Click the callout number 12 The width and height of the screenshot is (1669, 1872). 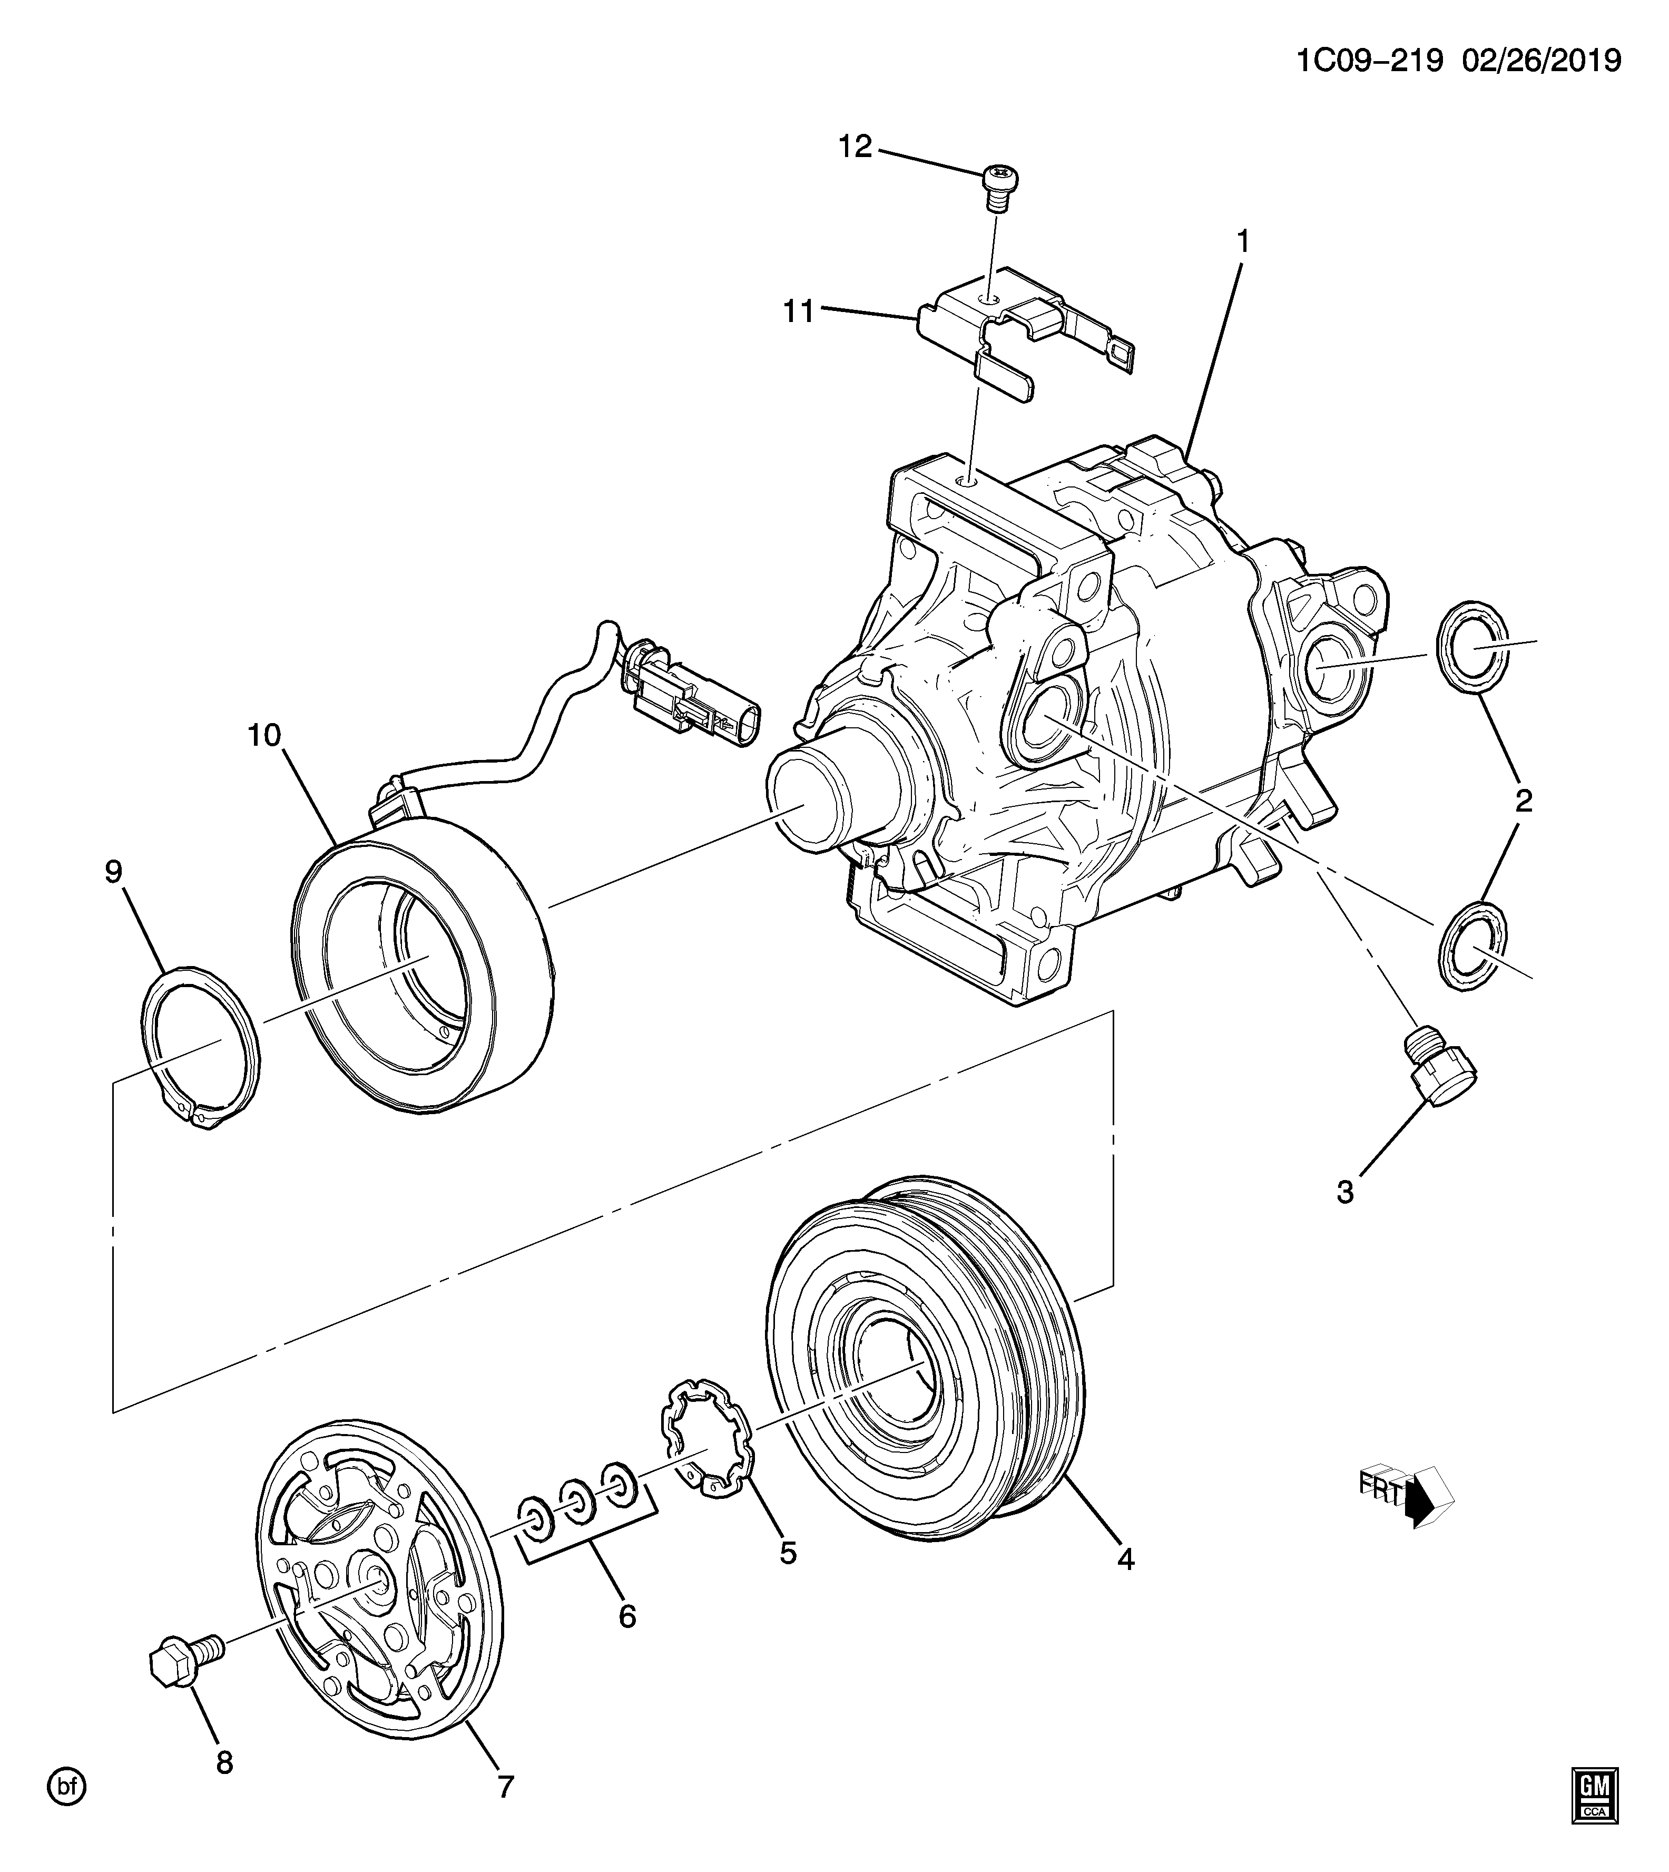point(856,147)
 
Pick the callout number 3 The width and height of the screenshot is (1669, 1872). point(1346,1192)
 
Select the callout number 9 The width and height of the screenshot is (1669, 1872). point(113,871)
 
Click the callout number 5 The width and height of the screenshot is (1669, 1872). point(788,1553)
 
